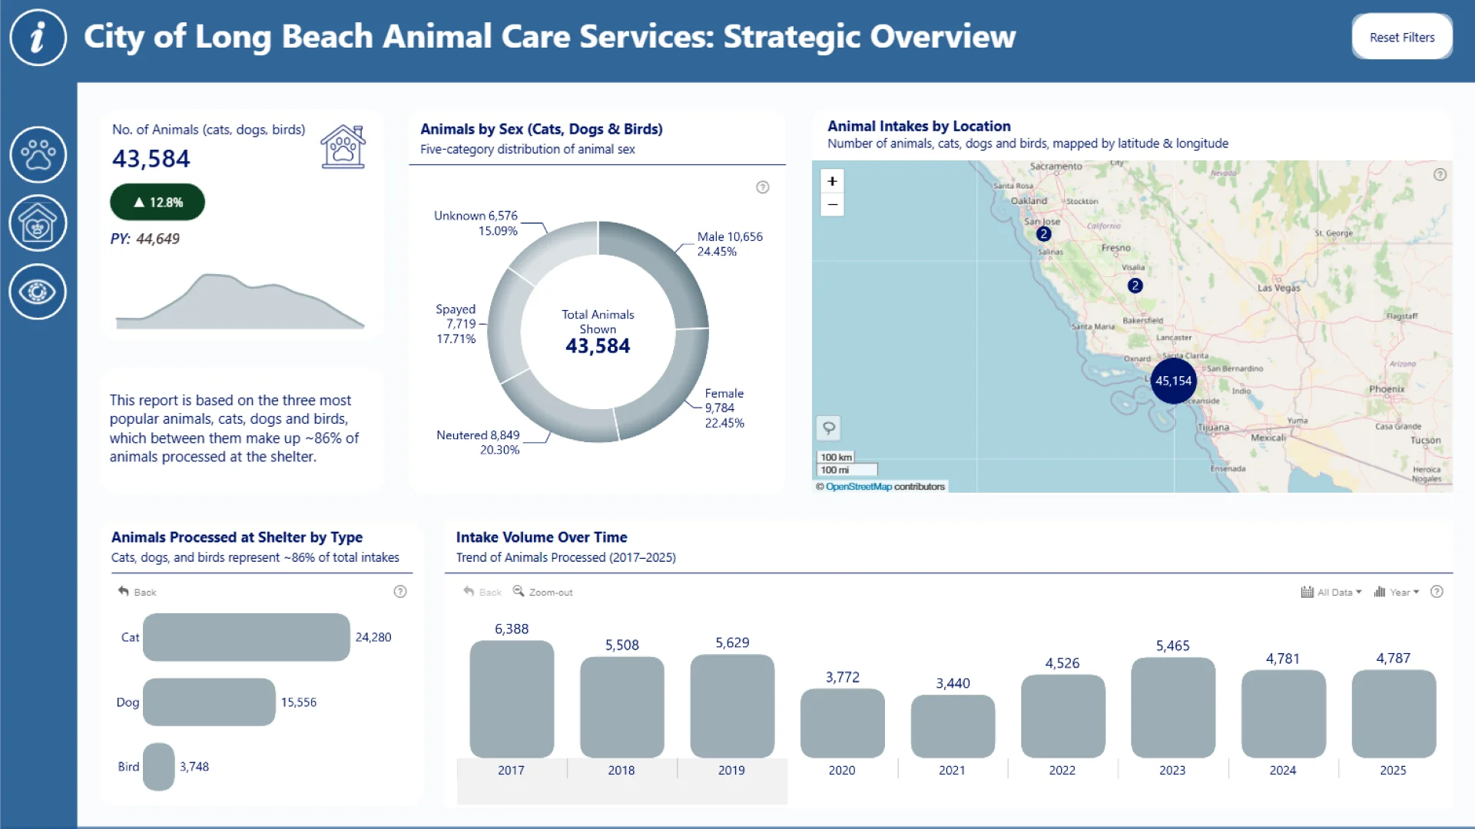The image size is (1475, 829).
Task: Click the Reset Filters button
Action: coord(1401,37)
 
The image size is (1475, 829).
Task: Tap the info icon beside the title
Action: coord(38,37)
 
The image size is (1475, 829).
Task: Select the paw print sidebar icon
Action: coord(38,154)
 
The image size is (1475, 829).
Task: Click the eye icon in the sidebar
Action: coord(38,292)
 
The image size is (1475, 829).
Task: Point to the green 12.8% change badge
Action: coord(157,202)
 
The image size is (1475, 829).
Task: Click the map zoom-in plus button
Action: coord(832,181)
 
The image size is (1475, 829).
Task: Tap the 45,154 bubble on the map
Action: coord(1173,381)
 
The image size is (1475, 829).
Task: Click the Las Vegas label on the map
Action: coord(1278,288)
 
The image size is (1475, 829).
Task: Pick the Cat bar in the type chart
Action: coord(246,637)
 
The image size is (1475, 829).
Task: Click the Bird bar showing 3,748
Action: coord(158,766)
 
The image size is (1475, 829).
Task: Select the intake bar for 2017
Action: coord(512,699)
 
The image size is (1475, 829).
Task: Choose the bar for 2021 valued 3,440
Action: coord(953,725)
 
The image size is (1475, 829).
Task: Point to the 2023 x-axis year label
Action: coord(1172,770)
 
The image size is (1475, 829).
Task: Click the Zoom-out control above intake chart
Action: coord(543,592)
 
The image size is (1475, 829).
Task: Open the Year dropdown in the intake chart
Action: coord(1397,592)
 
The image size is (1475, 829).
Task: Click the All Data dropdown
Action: coord(1331,592)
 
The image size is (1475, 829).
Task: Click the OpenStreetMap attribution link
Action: coord(858,487)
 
